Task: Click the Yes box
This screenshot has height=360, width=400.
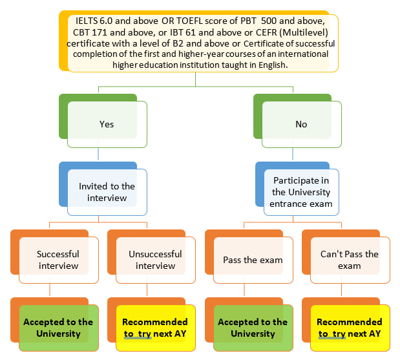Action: click(x=107, y=124)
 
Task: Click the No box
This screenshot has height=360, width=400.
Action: click(x=301, y=124)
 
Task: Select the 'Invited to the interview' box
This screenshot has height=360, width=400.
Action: click(x=107, y=192)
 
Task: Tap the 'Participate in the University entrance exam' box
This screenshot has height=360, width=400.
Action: click(x=301, y=192)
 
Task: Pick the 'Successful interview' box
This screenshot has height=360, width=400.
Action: click(x=58, y=260)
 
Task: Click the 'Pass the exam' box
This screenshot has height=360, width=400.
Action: click(x=253, y=260)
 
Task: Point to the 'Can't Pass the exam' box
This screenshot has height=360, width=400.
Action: click(x=350, y=260)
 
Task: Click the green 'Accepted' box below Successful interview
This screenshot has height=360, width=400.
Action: click(x=58, y=328)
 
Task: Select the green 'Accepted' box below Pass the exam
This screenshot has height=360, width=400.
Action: click(x=253, y=328)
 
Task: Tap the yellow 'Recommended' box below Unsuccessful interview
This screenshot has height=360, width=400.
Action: click(x=155, y=328)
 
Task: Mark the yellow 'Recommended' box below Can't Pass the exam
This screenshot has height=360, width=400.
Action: click(x=350, y=328)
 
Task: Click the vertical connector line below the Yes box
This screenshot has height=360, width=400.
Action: click(x=98, y=154)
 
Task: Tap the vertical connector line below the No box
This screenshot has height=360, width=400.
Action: click(x=292, y=154)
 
